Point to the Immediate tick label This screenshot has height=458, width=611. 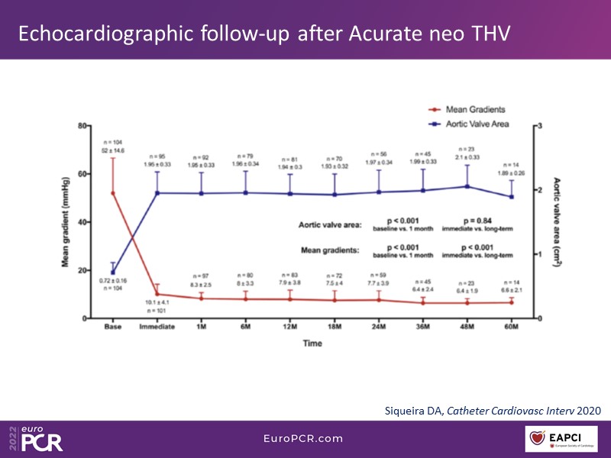tap(158, 327)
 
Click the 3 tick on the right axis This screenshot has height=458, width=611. tap(540, 125)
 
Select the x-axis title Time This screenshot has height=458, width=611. tap(312, 343)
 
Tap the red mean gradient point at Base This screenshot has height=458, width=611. tap(113, 193)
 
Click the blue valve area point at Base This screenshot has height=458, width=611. tap(113, 272)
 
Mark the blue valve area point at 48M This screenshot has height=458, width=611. tap(467, 186)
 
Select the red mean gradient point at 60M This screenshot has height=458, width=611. tap(511, 302)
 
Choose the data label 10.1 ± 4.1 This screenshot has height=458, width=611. tap(157, 303)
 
